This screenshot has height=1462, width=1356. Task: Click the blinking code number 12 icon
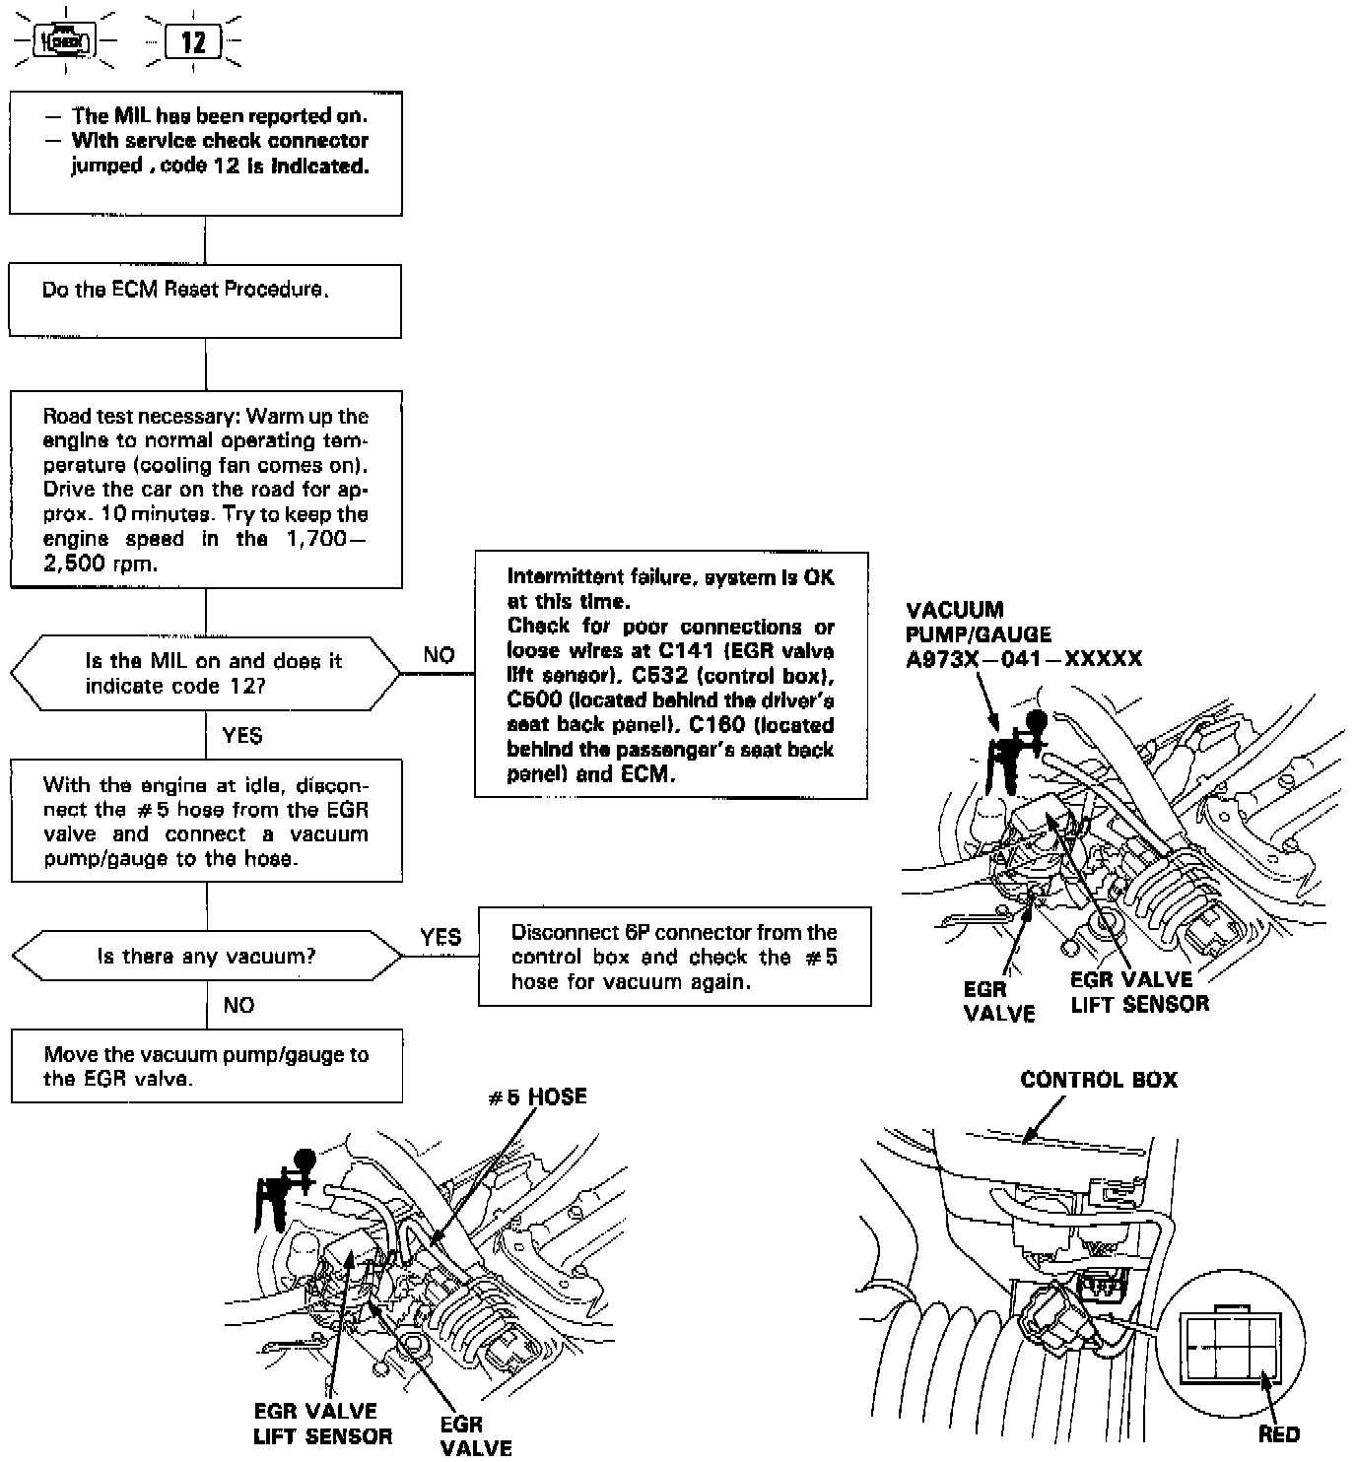[x=193, y=41]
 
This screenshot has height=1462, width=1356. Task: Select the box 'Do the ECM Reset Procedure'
[x=205, y=300]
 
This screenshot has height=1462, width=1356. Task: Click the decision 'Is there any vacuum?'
[x=206, y=956]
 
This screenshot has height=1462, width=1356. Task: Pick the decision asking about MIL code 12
[x=206, y=674]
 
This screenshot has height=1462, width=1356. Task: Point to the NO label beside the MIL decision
[x=439, y=655]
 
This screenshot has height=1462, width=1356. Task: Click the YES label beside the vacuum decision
[x=440, y=937]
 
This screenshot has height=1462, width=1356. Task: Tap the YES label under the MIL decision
[x=242, y=736]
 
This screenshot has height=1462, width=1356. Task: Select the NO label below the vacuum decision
[x=238, y=1005]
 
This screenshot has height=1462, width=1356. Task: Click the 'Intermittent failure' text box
[x=671, y=675]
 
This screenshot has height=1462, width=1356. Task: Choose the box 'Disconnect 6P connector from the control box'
[x=675, y=957]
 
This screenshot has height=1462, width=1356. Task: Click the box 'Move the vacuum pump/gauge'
[x=207, y=1066]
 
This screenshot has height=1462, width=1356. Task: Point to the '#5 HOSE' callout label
[x=538, y=1096]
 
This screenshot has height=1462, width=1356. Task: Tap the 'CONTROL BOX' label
[x=1099, y=1080]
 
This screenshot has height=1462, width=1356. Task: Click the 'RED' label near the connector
[x=1278, y=1434]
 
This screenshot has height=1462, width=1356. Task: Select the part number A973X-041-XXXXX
[x=1024, y=659]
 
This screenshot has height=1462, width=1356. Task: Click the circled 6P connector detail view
[x=1229, y=1345]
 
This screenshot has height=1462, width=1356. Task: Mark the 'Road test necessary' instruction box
[x=206, y=490]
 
